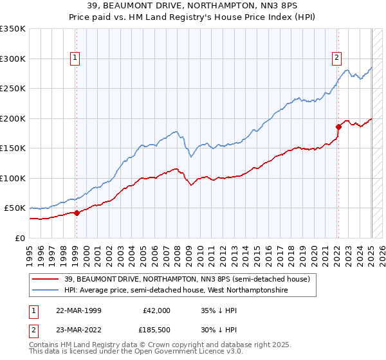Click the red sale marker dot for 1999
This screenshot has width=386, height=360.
tap(77, 213)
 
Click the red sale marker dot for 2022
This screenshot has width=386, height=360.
tap(338, 127)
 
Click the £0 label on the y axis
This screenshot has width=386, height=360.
tap(19, 238)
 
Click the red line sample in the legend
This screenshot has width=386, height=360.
tap(46, 279)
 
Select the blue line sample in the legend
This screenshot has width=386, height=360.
tap(46, 291)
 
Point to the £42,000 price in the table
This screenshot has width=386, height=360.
tap(155, 310)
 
